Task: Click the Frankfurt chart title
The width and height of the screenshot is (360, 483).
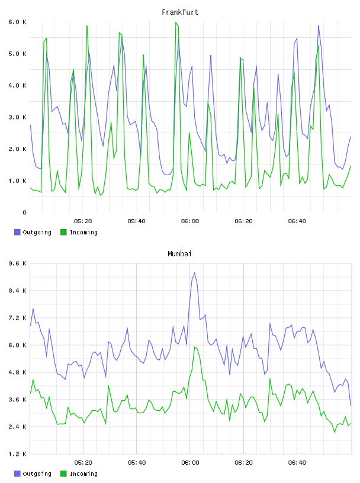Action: coord(180,12)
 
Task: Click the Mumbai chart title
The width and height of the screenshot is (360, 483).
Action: coord(179,254)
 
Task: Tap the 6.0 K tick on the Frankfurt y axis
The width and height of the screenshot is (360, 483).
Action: coord(18,22)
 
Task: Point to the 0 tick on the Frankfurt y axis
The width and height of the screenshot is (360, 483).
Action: coord(24,212)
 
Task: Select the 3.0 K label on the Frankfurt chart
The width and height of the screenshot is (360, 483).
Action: coord(18,117)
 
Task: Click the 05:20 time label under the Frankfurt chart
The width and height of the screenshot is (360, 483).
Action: coord(83,221)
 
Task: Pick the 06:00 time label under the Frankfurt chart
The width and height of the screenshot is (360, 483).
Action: coord(190,221)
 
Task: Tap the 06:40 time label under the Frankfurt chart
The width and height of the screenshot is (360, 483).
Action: coord(297,221)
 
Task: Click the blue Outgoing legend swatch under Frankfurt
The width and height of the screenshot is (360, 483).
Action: coord(17,232)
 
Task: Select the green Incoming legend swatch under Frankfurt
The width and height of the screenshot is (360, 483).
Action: coord(63,232)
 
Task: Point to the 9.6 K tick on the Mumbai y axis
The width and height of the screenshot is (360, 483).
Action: coord(18,263)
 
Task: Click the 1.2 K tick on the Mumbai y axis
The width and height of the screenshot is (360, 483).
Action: coord(18,454)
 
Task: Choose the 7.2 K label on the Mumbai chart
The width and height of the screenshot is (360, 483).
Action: coord(18,318)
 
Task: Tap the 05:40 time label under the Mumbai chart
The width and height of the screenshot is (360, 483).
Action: coord(137,463)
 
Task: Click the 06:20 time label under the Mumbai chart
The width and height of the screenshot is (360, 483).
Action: coord(243,463)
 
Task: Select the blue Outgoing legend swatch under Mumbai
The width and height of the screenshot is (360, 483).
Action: coord(17,474)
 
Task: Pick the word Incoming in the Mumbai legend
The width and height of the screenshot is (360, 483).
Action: coord(83,474)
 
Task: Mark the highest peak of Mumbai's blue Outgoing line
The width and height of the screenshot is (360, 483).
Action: coord(194,273)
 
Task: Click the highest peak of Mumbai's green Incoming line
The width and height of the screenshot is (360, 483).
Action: coord(195,347)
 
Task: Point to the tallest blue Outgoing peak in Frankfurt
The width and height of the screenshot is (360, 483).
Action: coord(319,25)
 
